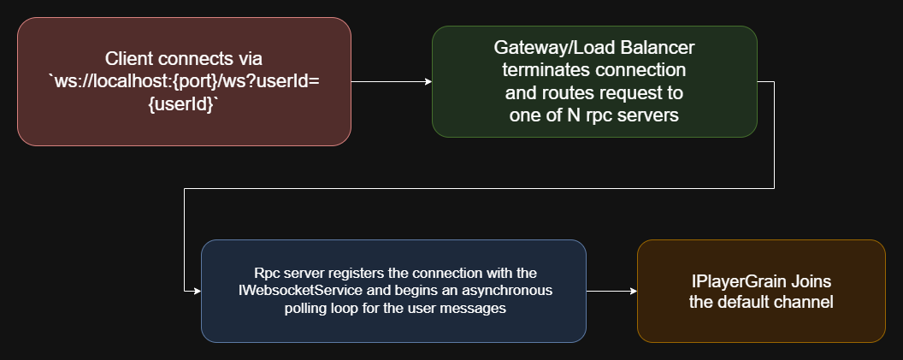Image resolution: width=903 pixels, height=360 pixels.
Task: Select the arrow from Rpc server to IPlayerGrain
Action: coord(611,292)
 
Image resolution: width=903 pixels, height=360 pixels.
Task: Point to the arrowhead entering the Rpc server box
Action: coord(196,292)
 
